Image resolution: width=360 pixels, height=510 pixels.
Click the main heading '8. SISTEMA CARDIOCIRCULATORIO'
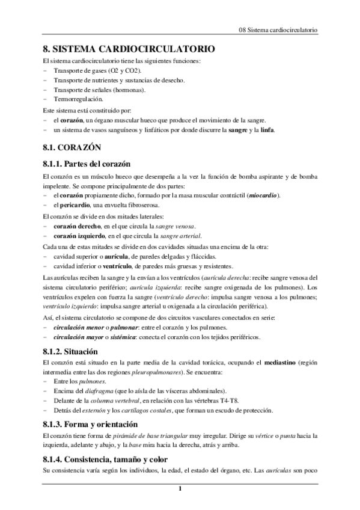coord(127,49)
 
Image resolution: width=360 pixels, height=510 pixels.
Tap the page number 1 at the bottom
coord(180,488)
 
